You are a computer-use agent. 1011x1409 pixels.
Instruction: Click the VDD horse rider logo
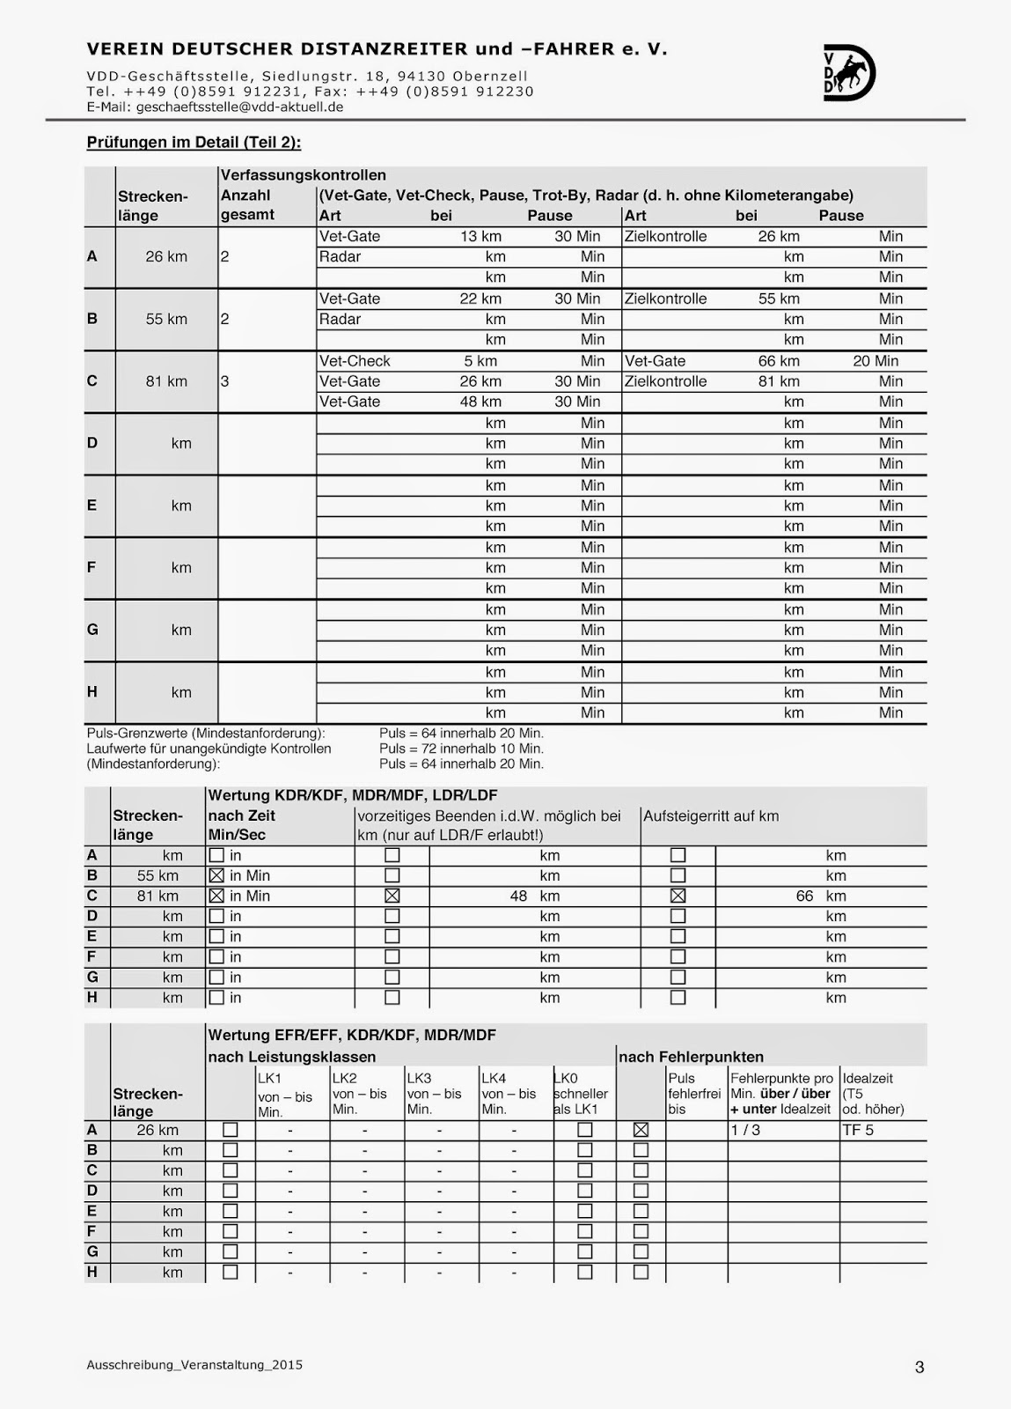pos(849,72)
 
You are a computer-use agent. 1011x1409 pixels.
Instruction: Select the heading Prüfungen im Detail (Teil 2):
pos(194,143)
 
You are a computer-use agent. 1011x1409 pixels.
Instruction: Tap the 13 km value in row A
pos(480,236)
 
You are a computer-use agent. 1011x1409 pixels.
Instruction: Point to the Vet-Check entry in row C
pos(355,361)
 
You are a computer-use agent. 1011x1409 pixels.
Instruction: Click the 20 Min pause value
pos(875,361)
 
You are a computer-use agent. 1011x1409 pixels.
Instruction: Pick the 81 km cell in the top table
pos(166,381)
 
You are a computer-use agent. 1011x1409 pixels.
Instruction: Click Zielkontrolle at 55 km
pos(665,299)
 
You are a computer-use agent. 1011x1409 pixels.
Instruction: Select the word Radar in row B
pos(340,319)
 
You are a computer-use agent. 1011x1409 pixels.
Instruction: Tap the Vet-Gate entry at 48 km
pos(349,402)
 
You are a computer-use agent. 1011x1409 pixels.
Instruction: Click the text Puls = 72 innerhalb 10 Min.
pos(461,749)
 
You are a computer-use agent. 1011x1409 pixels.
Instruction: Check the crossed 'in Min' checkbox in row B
pos(216,875)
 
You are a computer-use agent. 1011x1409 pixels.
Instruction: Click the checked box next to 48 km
pos(392,896)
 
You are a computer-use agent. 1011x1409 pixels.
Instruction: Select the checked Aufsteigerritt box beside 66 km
pos(678,896)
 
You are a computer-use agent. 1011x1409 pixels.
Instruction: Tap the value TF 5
pos(858,1130)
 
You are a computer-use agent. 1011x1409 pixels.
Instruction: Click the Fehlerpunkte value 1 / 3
pos(745,1130)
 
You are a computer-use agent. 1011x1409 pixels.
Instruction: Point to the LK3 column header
pos(419,1078)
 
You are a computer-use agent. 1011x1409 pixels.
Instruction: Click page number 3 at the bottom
pos(919,1368)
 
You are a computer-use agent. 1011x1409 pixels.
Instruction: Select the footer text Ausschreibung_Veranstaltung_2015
pos(194,1365)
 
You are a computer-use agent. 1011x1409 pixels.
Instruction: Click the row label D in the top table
pos(92,443)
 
